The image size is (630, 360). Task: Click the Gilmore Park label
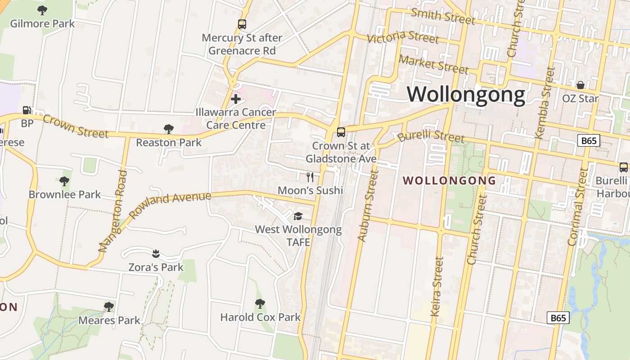click(x=42, y=23)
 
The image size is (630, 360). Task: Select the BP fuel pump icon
click(x=27, y=110)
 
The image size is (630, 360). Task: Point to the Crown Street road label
click(x=76, y=127)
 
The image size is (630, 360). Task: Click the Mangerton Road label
click(x=112, y=211)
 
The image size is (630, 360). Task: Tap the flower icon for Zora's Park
click(x=156, y=253)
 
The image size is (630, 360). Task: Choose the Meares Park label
click(x=109, y=320)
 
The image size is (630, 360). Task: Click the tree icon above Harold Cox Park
click(x=260, y=304)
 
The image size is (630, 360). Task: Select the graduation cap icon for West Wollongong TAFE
click(x=298, y=216)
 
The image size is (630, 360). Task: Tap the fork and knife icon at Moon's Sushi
click(x=310, y=177)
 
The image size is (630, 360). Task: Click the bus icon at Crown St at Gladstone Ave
click(x=341, y=132)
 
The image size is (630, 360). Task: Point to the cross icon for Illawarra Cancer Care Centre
click(x=235, y=99)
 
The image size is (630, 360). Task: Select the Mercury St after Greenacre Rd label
click(x=242, y=44)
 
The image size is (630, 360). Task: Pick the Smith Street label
click(x=443, y=16)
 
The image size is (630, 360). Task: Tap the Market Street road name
click(x=434, y=64)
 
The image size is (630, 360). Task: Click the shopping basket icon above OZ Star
click(x=580, y=85)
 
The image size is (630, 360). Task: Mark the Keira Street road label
click(x=436, y=287)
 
